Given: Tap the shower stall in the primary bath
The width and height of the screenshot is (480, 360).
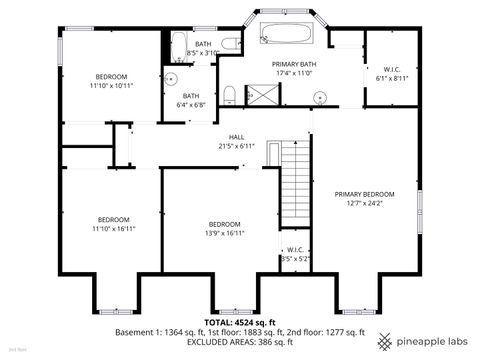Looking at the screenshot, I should (262, 95).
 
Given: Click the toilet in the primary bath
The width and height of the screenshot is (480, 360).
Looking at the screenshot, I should (230, 94).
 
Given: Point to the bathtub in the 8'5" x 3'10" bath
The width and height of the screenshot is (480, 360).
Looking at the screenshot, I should (178, 45).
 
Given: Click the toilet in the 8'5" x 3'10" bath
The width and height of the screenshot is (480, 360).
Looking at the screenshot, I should (229, 44).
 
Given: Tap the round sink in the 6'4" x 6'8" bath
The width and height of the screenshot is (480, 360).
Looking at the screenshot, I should (171, 77).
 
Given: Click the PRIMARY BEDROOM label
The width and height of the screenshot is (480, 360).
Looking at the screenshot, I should (364, 194).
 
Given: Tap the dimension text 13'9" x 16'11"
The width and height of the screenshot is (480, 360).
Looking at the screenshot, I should (224, 233).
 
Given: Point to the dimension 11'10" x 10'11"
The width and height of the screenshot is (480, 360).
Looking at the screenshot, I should (111, 86).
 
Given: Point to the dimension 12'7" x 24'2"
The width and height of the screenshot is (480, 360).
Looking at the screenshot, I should (364, 203).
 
